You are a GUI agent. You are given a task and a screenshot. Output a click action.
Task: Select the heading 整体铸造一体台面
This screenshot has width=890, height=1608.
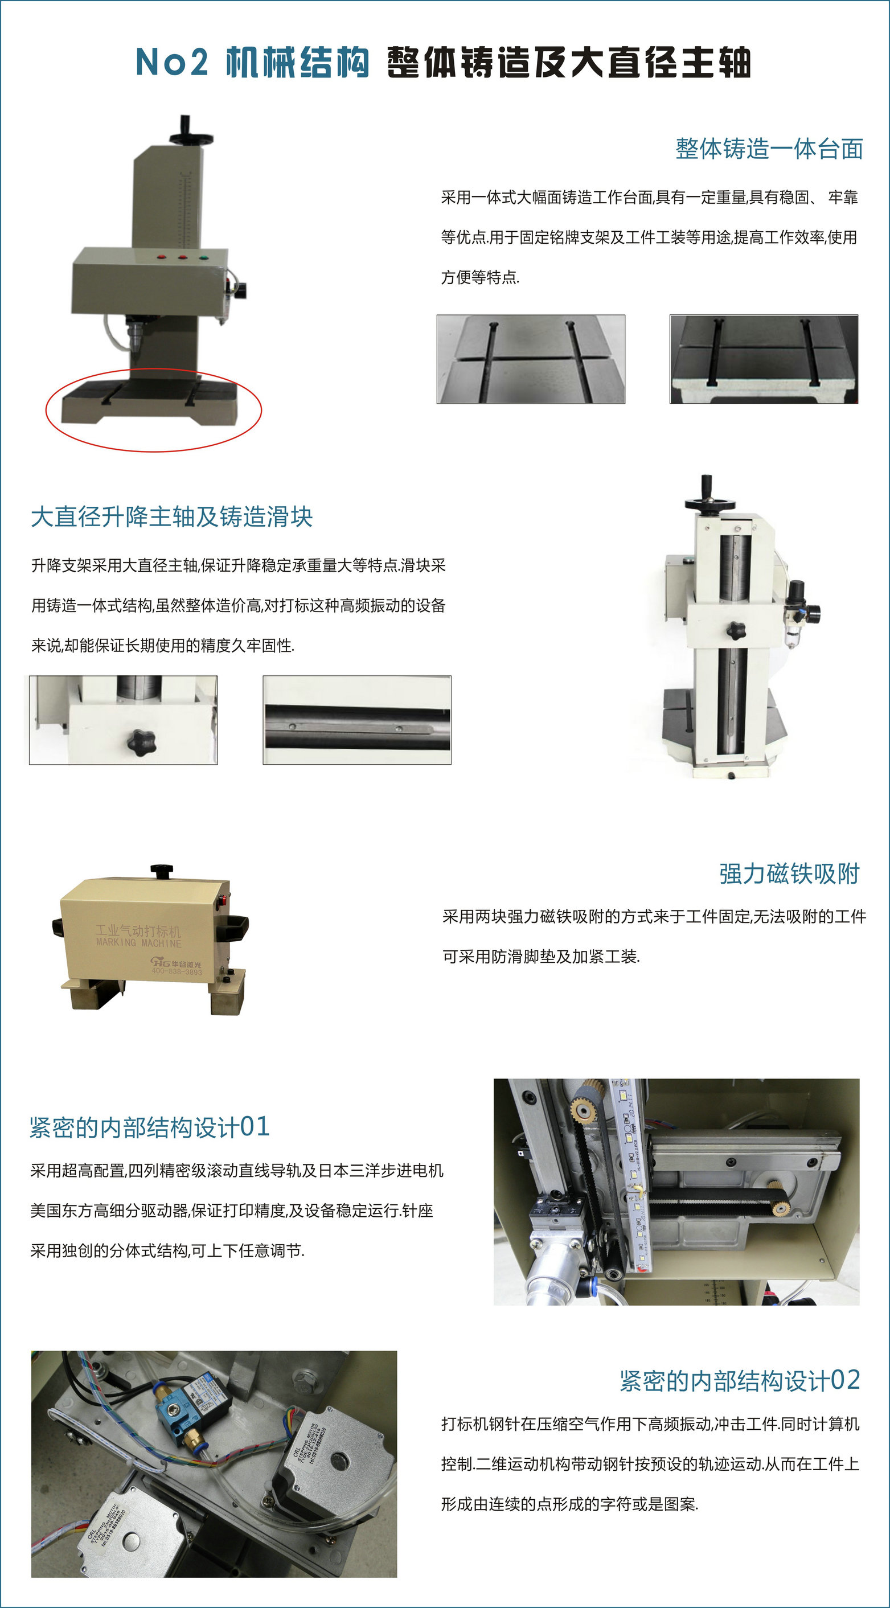[769, 149]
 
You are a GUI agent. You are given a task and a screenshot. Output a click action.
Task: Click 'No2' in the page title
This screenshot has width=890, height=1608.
[171, 63]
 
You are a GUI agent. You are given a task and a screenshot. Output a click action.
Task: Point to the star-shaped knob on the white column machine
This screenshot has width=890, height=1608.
[736, 629]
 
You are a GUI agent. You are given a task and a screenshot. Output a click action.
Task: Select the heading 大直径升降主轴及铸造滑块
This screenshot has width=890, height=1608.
[171, 517]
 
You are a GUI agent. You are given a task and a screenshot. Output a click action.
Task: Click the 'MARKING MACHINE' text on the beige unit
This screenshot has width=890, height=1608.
[138, 942]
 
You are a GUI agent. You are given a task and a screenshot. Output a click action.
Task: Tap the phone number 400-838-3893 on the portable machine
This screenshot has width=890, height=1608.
[177, 971]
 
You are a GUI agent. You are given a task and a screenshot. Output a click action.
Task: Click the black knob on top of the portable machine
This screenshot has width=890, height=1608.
[161, 870]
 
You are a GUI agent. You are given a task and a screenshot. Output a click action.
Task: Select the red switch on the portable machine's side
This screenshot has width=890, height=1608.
[220, 900]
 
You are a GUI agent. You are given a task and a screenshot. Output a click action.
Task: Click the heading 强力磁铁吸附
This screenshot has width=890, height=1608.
[790, 873]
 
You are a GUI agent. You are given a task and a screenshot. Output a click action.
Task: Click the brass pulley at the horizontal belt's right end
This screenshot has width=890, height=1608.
[779, 1208]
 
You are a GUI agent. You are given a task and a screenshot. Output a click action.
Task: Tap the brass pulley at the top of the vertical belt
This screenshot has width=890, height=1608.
[584, 1109]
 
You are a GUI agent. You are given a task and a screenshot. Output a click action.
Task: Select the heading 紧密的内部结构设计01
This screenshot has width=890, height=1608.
[150, 1127]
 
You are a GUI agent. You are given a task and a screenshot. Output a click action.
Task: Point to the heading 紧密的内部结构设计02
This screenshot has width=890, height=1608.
[740, 1380]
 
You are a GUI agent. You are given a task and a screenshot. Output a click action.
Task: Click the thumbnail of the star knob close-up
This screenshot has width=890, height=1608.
[124, 720]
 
